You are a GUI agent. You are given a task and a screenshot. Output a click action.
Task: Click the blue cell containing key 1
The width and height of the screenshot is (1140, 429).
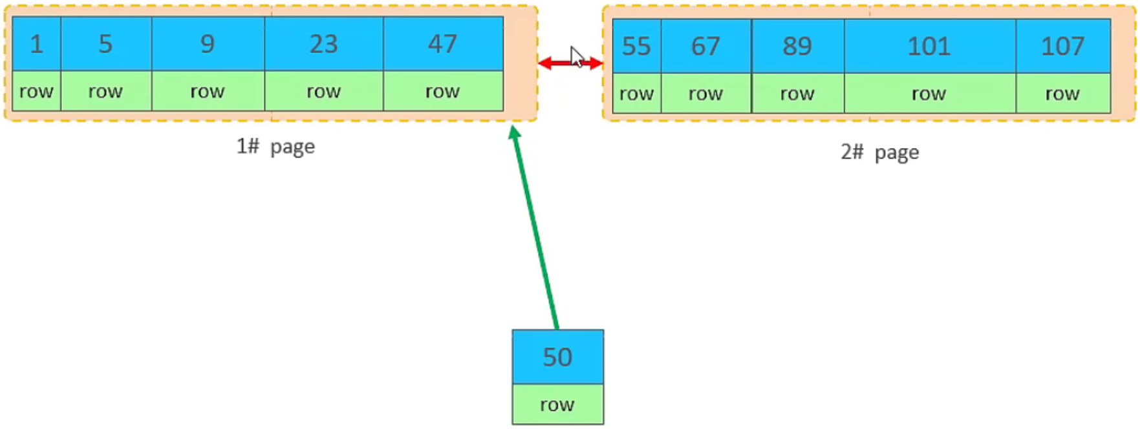click(36, 43)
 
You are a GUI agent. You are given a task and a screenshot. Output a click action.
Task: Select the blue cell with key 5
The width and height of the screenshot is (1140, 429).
click(106, 43)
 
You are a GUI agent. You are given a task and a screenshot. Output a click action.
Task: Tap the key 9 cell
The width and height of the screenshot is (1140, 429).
click(208, 43)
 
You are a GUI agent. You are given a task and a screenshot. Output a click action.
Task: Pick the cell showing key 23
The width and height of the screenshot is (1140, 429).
click(323, 43)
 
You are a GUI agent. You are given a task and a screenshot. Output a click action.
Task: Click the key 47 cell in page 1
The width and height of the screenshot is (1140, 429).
click(443, 43)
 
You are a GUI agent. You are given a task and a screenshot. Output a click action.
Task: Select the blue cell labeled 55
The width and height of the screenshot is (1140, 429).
click(636, 46)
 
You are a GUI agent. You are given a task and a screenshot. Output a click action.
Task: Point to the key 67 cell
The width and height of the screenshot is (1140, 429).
click(705, 46)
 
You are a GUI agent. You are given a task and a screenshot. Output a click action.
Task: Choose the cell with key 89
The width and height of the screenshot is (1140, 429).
click(797, 46)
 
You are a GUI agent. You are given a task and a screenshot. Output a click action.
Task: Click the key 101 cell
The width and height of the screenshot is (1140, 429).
click(929, 46)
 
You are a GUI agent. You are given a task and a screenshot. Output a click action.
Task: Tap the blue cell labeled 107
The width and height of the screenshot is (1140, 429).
click(1062, 46)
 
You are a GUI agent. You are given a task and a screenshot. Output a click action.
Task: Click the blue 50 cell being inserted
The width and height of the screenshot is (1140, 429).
click(557, 357)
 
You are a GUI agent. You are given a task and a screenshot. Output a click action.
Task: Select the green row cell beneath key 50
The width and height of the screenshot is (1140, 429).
click(557, 404)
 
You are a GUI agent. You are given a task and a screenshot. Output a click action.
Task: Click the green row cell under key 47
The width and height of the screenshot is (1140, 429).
click(443, 91)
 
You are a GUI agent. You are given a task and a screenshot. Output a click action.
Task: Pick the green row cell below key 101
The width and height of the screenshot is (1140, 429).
click(929, 94)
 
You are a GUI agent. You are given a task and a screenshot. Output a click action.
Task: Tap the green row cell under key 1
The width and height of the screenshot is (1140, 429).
click(36, 91)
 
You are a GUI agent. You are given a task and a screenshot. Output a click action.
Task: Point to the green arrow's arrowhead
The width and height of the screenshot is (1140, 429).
click(515, 132)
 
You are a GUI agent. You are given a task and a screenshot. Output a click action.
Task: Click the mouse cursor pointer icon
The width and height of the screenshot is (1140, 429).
click(576, 56)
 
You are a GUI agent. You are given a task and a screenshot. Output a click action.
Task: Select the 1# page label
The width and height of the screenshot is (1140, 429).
click(275, 147)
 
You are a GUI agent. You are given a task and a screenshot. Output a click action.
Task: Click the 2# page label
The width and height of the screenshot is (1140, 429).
click(879, 152)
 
